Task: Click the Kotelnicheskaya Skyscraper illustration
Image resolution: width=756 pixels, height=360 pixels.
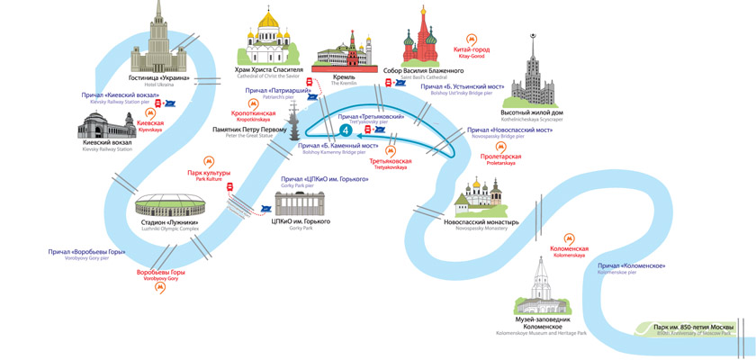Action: coord(535,76)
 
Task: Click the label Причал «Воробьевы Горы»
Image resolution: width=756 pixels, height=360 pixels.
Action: coord(86,252)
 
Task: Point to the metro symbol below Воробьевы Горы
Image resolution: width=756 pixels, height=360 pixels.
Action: coord(160,289)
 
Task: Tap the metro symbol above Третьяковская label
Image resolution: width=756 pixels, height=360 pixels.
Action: coord(391,150)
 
